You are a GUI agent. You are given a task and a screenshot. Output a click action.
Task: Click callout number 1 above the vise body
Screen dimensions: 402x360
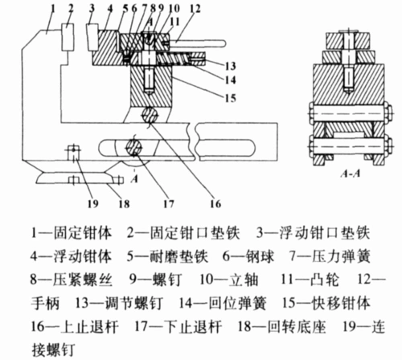[x=52, y=9]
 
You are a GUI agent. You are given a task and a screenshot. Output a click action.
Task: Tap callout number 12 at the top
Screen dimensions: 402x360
[x=195, y=9]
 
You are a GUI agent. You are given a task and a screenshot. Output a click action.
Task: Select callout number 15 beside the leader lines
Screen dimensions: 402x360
[x=231, y=98]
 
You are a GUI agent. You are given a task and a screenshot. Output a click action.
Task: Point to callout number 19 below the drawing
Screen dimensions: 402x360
[x=92, y=204]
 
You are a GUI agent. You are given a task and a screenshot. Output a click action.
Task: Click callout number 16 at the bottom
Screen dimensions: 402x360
[x=215, y=204]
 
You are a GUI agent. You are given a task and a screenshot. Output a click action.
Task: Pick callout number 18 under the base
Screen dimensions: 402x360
[x=124, y=204]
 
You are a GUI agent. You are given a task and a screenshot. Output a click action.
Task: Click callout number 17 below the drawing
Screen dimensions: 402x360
[x=169, y=204]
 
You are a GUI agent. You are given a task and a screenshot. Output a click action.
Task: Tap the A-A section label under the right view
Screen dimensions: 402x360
[x=351, y=174]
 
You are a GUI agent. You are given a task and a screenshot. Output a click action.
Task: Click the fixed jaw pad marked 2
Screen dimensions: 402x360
[x=68, y=37]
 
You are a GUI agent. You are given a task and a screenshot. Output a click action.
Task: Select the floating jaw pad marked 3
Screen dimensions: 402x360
[x=92, y=37]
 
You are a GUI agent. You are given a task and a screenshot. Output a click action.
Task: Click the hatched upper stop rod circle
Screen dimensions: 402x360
[x=150, y=115]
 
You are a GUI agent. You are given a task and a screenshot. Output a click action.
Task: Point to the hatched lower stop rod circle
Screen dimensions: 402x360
[x=134, y=148]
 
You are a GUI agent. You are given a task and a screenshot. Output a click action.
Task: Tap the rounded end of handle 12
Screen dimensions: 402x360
[x=223, y=43]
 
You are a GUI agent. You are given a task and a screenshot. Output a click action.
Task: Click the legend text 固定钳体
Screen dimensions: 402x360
[x=83, y=233]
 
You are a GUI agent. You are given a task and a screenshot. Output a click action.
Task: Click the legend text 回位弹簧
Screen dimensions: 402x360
[x=237, y=303]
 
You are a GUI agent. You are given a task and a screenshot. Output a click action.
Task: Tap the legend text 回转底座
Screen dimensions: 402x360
[x=297, y=327]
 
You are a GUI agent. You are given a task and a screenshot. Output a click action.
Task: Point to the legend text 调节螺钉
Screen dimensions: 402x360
[x=133, y=303]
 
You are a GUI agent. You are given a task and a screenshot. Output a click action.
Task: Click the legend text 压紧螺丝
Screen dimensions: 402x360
[x=83, y=280]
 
